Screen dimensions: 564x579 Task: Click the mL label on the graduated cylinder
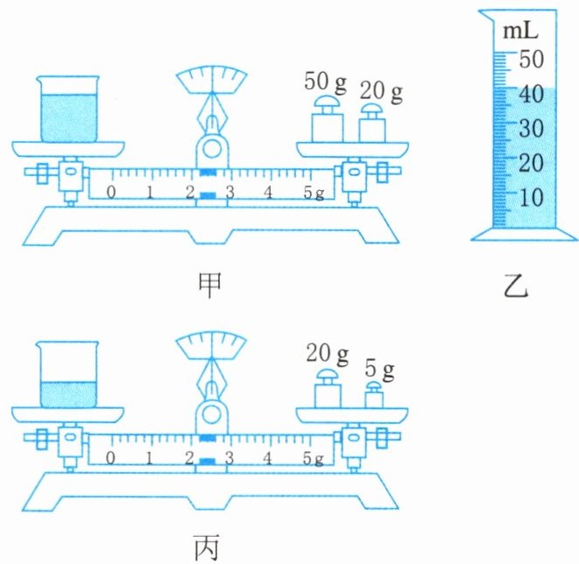coord(519,32)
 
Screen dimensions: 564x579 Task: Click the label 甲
coord(210,284)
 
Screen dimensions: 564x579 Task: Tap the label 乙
coord(516,285)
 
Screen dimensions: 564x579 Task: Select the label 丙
coord(210,546)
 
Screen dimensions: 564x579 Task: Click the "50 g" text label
coord(325,85)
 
